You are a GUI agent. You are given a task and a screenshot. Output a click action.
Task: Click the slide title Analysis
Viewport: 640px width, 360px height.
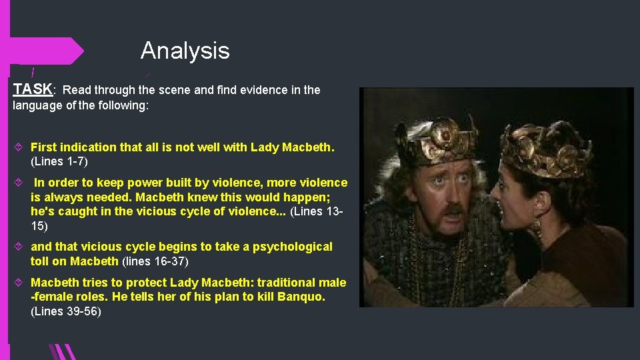coord(185,51)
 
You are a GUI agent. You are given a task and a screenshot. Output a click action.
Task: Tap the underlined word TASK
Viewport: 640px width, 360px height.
coord(33,89)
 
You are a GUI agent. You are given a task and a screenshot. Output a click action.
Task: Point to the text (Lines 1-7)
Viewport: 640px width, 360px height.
coord(59,161)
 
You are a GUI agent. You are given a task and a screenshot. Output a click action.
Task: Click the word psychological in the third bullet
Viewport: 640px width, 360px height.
coord(291,247)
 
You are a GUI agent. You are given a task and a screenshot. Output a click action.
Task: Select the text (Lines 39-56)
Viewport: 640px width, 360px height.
coord(66,311)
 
